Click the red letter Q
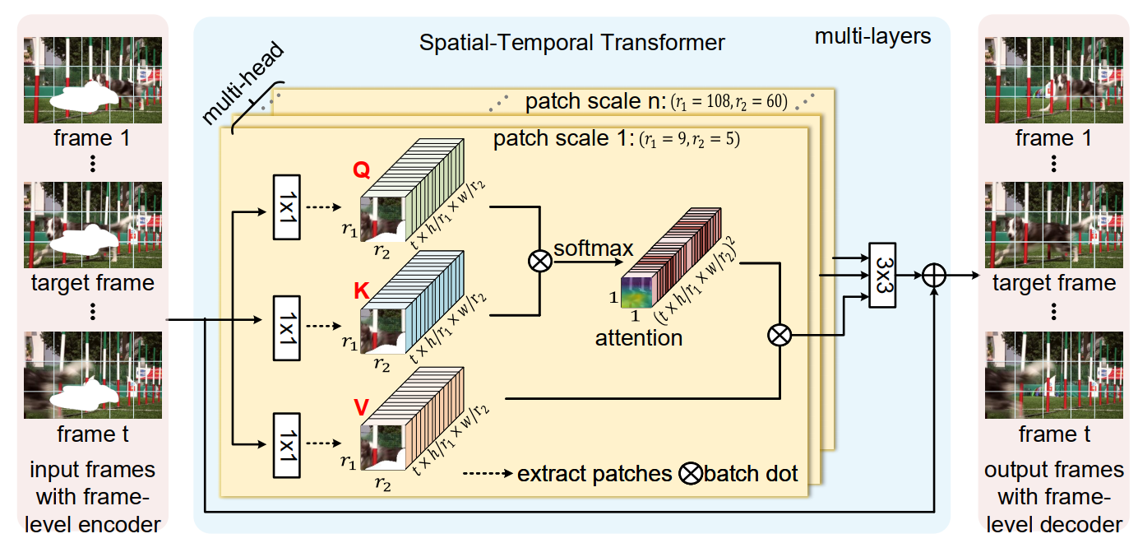pyautogui.click(x=361, y=169)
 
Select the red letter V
pyautogui.click(x=361, y=406)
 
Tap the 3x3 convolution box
pyautogui.click(x=882, y=275)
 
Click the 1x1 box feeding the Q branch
pyautogui.click(x=285, y=207)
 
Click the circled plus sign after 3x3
pyautogui.click(x=934, y=275)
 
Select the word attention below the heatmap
pyautogui.click(x=639, y=337)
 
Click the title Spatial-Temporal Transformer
pyautogui.click(x=572, y=42)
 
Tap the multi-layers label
pyautogui.click(x=872, y=36)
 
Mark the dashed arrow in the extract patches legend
pyautogui.click(x=488, y=474)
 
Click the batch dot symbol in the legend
pyautogui.click(x=692, y=474)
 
